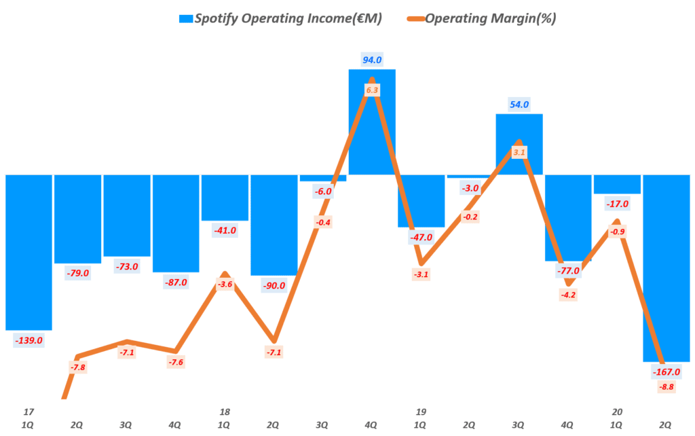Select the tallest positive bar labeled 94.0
click(x=372, y=122)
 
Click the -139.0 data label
click(x=29, y=340)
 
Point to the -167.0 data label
click(x=666, y=372)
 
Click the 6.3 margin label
click(x=372, y=89)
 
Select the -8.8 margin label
click(x=666, y=387)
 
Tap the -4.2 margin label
click(x=568, y=295)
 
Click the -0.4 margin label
click(x=323, y=222)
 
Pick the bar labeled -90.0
click(x=274, y=224)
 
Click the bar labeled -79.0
click(x=77, y=217)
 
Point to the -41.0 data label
click(x=225, y=230)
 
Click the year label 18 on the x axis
click(x=225, y=412)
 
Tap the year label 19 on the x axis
click(x=421, y=412)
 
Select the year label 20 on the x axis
click(x=617, y=412)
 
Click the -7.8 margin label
click(x=77, y=367)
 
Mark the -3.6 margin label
click(x=225, y=285)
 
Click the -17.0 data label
click(x=617, y=204)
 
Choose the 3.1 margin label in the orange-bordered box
click(x=519, y=153)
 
